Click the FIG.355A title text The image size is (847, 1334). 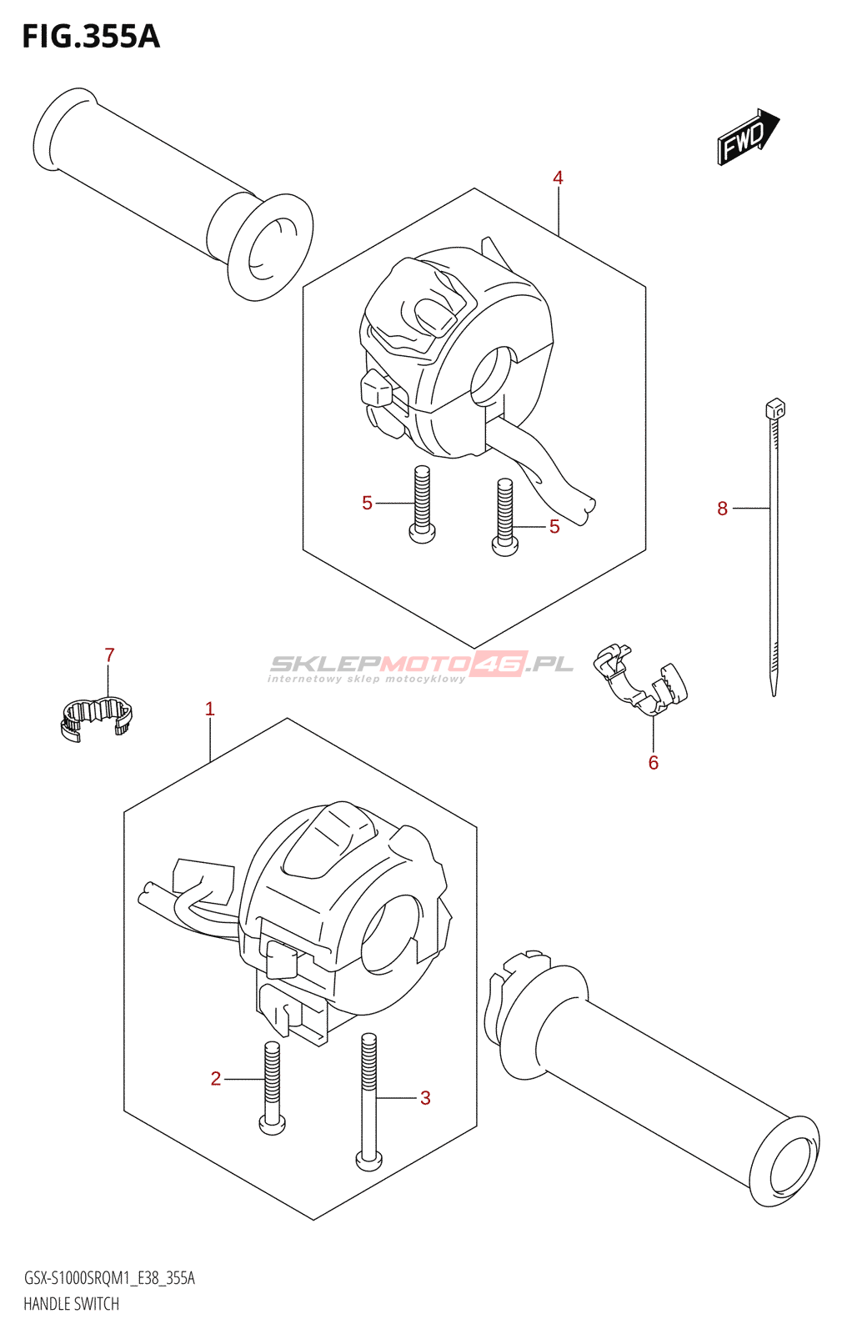pyautogui.click(x=90, y=37)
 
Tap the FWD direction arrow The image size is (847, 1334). pyautogui.click(x=747, y=136)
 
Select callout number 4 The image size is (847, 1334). pyautogui.click(x=558, y=178)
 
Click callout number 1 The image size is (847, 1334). pyautogui.click(x=210, y=709)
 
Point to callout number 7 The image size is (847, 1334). pyautogui.click(x=109, y=655)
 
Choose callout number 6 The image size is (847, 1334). pyautogui.click(x=654, y=763)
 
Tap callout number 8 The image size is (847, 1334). pyautogui.click(x=722, y=509)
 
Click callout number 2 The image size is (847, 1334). pyautogui.click(x=216, y=1079)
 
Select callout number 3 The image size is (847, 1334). pyautogui.click(x=425, y=1098)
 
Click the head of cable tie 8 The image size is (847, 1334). pyautogui.click(x=774, y=409)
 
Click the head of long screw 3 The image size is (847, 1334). pyautogui.click(x=368, y=1158)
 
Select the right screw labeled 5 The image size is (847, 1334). pyautogui.click(x=504, y=517)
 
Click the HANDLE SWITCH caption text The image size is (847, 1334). pyautogui.click(x=71, y=1304)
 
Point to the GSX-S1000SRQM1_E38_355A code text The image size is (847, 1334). pyautogui.click(x=109, y=1278)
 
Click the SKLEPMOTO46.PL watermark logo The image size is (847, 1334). pyautogui.click(x=421, y=665)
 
